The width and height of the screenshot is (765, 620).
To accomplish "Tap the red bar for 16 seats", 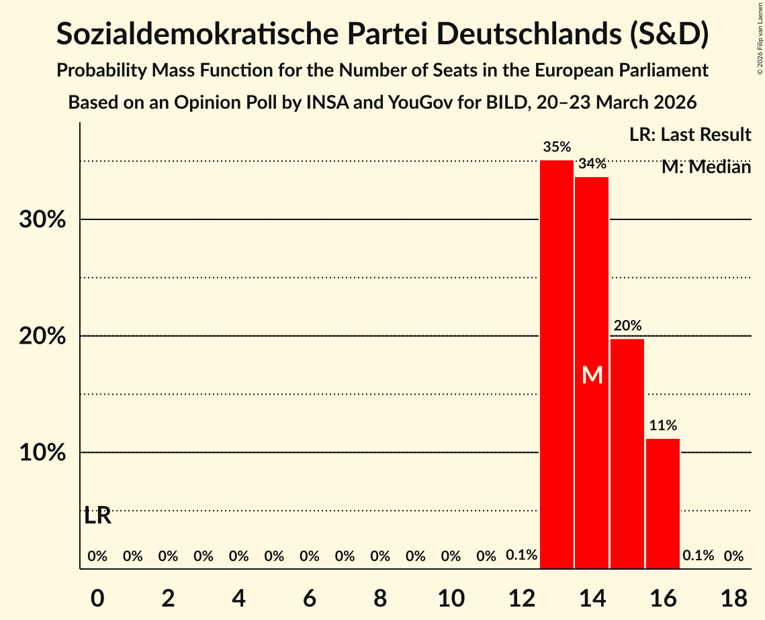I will (663, 503).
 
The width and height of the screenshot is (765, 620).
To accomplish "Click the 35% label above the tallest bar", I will (557, 147).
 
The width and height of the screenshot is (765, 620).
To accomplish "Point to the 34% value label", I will (592, 163).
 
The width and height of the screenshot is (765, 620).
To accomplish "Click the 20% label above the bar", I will (627, 325).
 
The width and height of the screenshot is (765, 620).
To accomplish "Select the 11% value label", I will (663, 425).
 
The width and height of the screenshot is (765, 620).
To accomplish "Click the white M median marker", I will (592, 375).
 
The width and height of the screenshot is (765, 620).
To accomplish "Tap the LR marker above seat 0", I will (98, 516).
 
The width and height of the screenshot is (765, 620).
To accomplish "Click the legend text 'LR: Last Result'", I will (690, 135).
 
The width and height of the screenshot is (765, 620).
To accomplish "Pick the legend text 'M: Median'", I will (706, 167).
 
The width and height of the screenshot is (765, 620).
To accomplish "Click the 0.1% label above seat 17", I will (698, 556).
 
